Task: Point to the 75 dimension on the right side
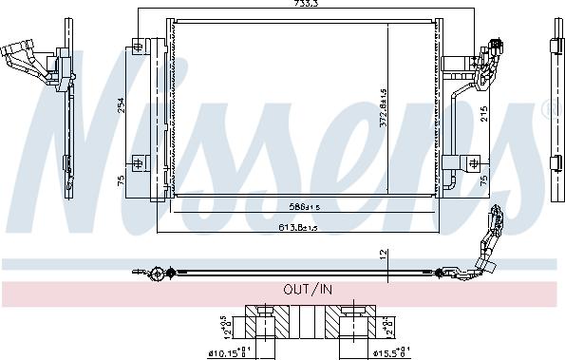click(x=483, y=180)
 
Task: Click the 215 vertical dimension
click(x=483, y=114)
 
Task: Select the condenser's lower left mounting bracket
click(x=140, y=163)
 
